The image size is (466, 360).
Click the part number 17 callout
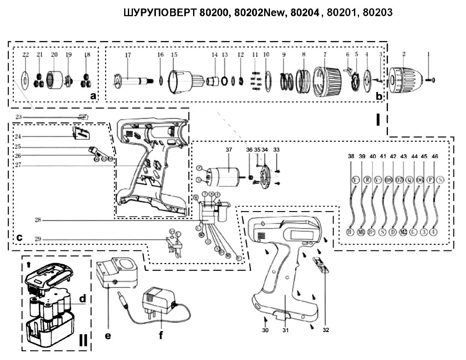point(128,55)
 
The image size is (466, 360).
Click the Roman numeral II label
point(83,340)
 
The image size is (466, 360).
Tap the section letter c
point(19,237)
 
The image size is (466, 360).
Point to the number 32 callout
point(326,330)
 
